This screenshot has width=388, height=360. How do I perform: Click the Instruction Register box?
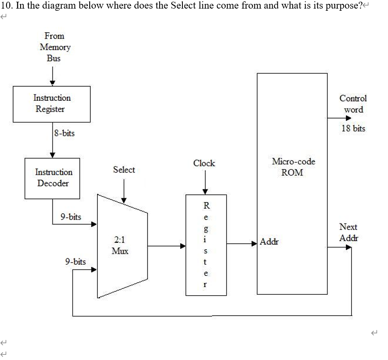point(52,104)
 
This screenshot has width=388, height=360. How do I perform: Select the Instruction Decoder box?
point(52,178)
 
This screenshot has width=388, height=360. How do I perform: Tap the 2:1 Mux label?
point(120,245)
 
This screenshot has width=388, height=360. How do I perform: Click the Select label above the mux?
point(124,169)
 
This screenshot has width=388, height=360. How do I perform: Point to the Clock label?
point(204,163)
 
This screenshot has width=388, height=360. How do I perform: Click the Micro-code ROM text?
point(293,167)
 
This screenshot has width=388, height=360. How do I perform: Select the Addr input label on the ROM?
point(269,242)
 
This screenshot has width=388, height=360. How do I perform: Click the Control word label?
point(353,103)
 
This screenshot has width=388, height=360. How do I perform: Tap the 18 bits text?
point(353,128)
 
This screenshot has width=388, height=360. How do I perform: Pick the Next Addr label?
point(348,232)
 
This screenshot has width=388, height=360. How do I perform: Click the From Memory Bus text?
point(55,47)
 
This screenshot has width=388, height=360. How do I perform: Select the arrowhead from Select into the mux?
point(124,200)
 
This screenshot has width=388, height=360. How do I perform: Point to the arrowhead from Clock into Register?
point(205,191)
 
